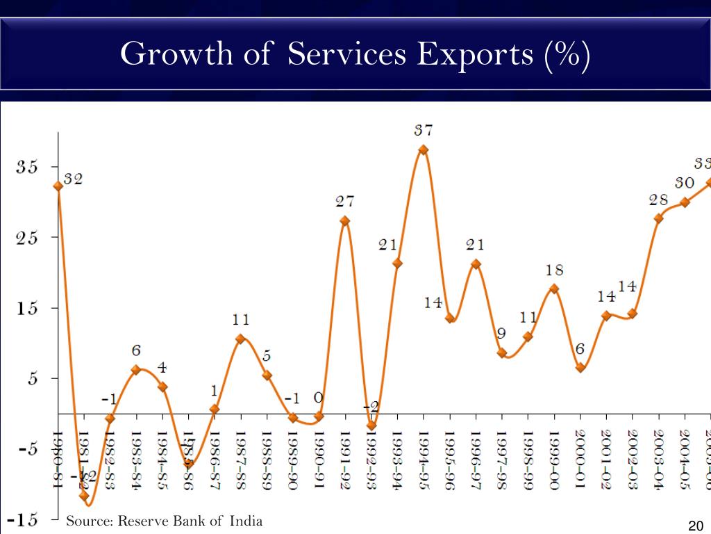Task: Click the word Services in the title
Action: tap(346, 54)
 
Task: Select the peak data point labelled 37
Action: tap(424, 149)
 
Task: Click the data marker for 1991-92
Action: tap(345, 221)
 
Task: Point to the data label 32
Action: tap(73, 179)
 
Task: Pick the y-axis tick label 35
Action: tap(28, 167)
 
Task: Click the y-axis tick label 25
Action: tap(28, 238)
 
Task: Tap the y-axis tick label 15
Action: tap(28, 309)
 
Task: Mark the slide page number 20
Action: tap(696, 526)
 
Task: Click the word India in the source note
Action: tap(248, 521)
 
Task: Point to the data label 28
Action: tap(658, 200)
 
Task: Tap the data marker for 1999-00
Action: tap(554, 289)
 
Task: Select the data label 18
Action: tap(554, 270)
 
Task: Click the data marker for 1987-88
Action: tap(240, 339)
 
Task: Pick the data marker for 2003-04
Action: tap(658, 218)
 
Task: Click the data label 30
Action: tap(685, 183)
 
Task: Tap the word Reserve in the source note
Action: tap(141, 521)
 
